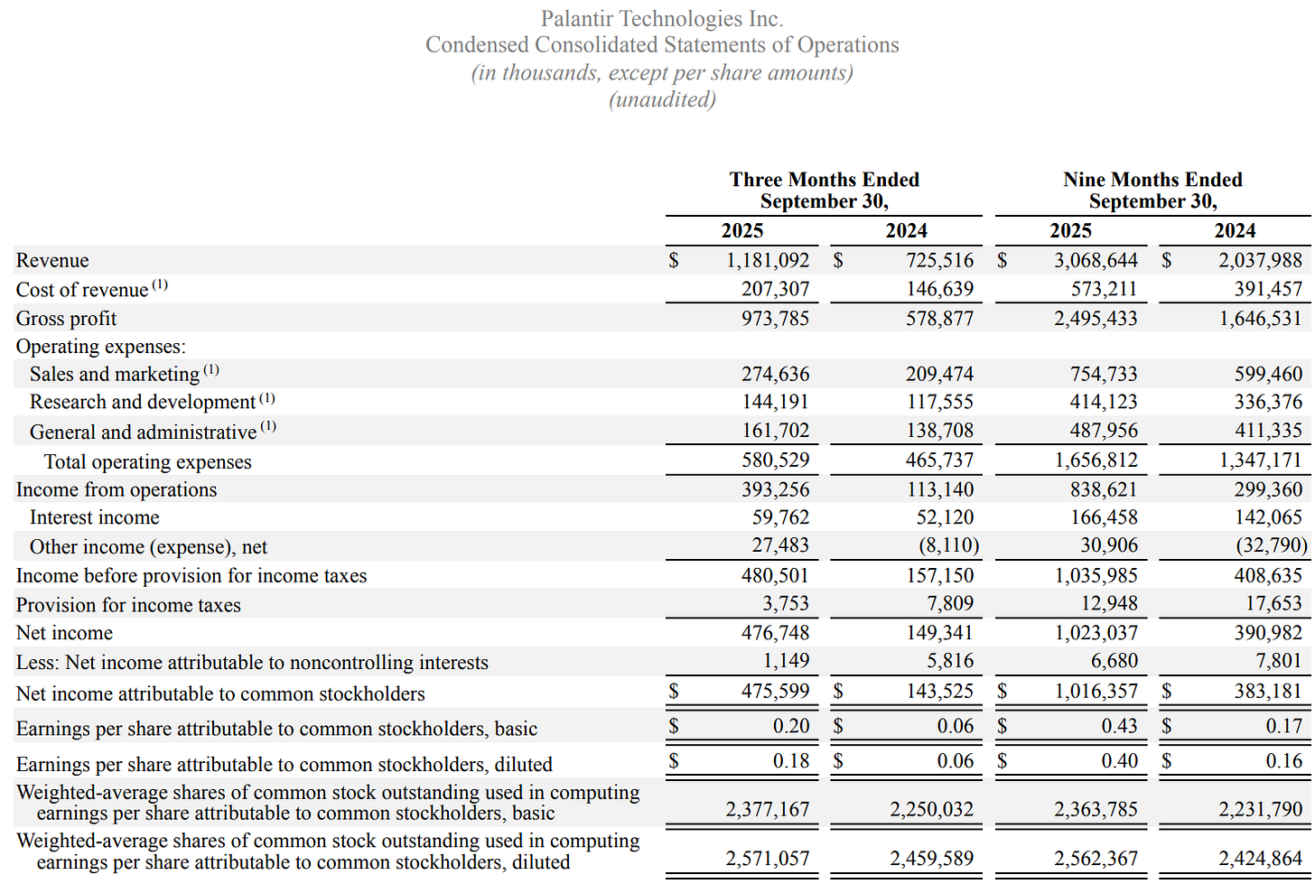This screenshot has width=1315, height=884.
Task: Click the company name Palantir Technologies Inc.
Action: [662, 19]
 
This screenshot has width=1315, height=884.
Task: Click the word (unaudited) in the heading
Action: [662, 99]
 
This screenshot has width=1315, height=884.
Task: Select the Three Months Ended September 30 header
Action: [824, 191]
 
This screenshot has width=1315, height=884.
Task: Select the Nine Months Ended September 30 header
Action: [1152, 191]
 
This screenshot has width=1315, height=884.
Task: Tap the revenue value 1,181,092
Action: [768, 261]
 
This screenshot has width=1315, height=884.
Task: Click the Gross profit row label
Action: [66, 319]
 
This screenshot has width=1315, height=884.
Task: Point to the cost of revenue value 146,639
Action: [940, 290]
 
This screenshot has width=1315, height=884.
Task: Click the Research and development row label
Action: [143, 403]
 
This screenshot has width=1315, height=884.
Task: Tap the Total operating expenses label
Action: [148, 462]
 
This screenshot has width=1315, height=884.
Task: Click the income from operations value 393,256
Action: [775, 490]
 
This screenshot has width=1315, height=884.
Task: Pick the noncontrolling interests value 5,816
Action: [950, 662]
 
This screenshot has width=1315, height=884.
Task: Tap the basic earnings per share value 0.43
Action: [1119, 727]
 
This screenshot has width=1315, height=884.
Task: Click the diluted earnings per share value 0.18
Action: [791, 762]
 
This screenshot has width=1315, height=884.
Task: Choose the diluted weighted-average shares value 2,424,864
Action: [1260, 859]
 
